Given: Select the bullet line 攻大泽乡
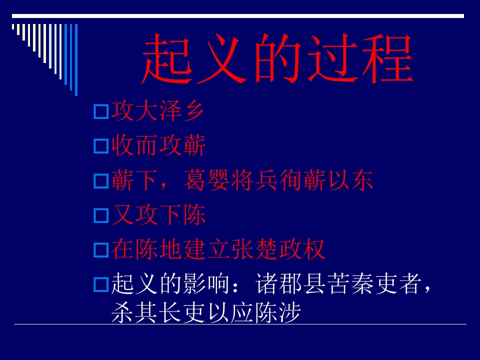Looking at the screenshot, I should tap(157, 111).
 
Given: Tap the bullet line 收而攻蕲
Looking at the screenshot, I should tap(157, 146).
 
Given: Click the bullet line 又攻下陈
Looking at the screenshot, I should tap(157, 215).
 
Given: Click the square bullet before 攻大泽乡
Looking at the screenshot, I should tap(101, 112).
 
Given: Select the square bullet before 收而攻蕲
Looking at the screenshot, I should tap(101, 146).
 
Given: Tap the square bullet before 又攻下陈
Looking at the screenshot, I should tap(101, 216).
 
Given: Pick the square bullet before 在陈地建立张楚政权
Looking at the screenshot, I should tap(101, 250).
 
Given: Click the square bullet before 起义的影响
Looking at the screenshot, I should tap(101, 285).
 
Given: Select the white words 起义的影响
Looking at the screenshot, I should tap(170, 284).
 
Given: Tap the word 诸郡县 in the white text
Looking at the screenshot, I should tap(290, 284).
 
